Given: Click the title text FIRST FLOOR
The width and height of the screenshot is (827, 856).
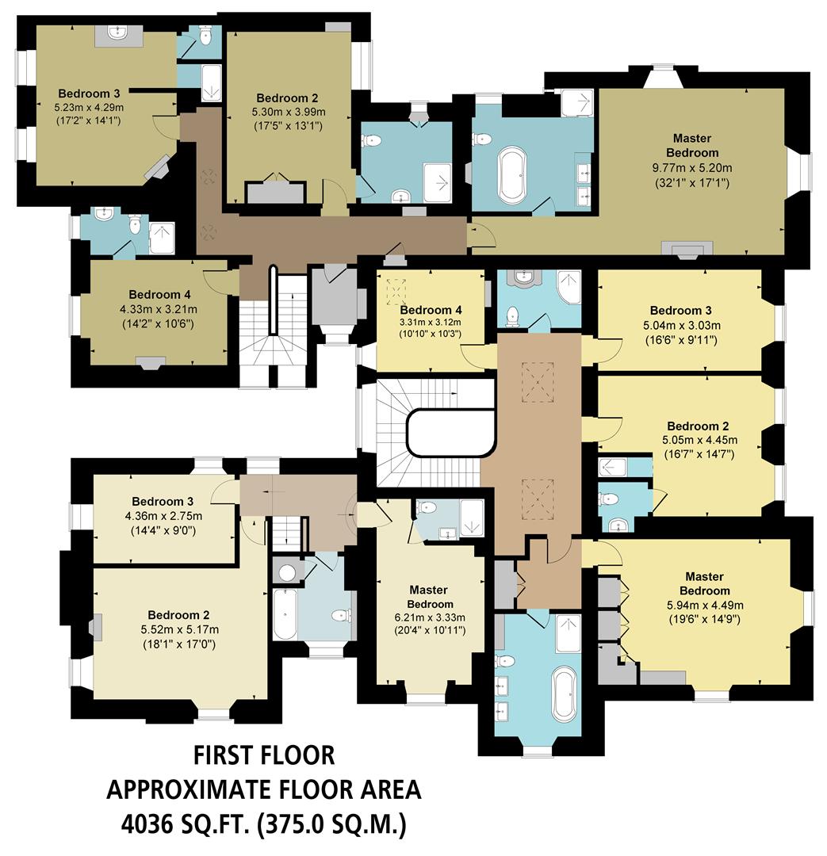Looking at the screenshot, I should coord(264,755).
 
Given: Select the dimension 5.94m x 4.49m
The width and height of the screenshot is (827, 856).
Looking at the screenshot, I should coord(704,606).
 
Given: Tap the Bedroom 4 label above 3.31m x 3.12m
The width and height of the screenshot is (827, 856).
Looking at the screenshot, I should coord(431,309).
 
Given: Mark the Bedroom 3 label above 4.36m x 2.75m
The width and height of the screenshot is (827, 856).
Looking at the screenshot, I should coord(163,502).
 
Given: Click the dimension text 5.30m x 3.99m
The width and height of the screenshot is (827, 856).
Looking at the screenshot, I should coord(287,111).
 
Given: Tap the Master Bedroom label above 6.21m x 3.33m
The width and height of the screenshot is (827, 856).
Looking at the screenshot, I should coord(428,597).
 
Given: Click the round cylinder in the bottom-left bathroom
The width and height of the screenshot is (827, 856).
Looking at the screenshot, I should coord(284,571).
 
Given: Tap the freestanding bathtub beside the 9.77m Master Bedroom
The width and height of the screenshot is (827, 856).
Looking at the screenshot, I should coord(511,174).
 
